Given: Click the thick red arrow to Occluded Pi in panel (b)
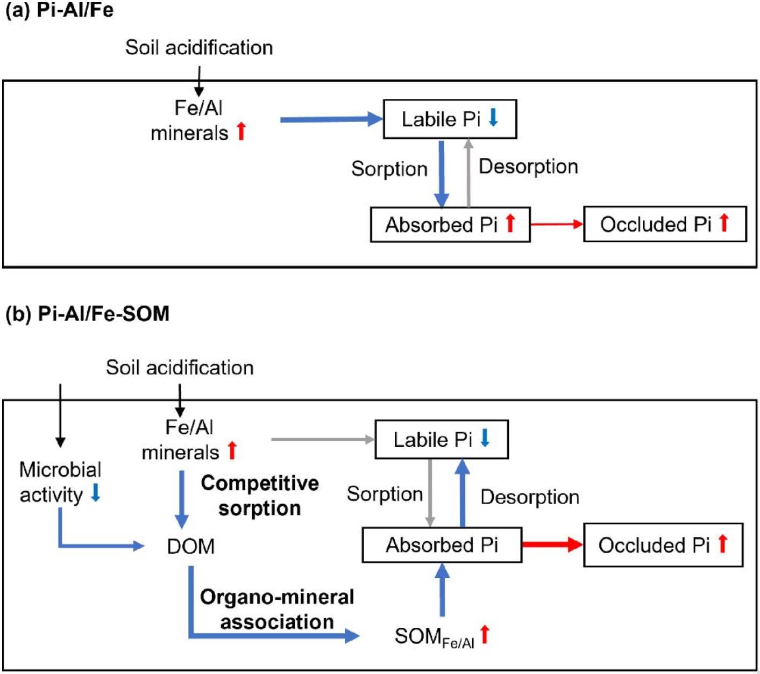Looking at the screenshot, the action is (x=552, y=544).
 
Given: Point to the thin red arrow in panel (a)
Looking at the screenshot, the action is (x=557, y=224).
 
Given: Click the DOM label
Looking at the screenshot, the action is (x=190, y=546).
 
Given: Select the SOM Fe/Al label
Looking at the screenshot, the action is (x=435, y=637).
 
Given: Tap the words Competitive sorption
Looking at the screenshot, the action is (x=260, y=496).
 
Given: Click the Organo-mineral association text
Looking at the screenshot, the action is (x=277, y=609).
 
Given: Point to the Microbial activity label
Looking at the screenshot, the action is (x=60, y=482).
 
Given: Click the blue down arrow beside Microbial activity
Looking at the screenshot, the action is (x=96, y=492).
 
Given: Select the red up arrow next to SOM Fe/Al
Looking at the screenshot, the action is (x=485, y=634).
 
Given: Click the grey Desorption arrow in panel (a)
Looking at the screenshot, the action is (x=468, y=173).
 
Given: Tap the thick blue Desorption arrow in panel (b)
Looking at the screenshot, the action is (x=462, y=493).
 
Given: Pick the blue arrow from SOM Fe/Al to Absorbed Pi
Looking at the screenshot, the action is (x=442, y=590).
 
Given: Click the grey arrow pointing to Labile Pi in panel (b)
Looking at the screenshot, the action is (x=323, y=439).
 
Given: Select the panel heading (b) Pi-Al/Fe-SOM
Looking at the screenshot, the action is (x=87, y=313).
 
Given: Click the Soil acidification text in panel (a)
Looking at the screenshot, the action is (x=199, y=48).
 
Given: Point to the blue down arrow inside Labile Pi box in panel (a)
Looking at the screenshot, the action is (x=493, y=117).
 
